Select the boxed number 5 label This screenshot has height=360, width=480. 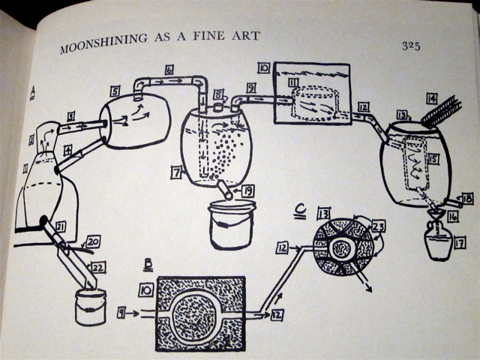[115, 91]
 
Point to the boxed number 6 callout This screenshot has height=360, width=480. [169, 69]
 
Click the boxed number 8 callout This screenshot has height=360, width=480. [218, 94]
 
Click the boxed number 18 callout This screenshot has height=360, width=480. [467, 199]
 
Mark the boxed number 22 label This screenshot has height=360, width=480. [100, 265]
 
